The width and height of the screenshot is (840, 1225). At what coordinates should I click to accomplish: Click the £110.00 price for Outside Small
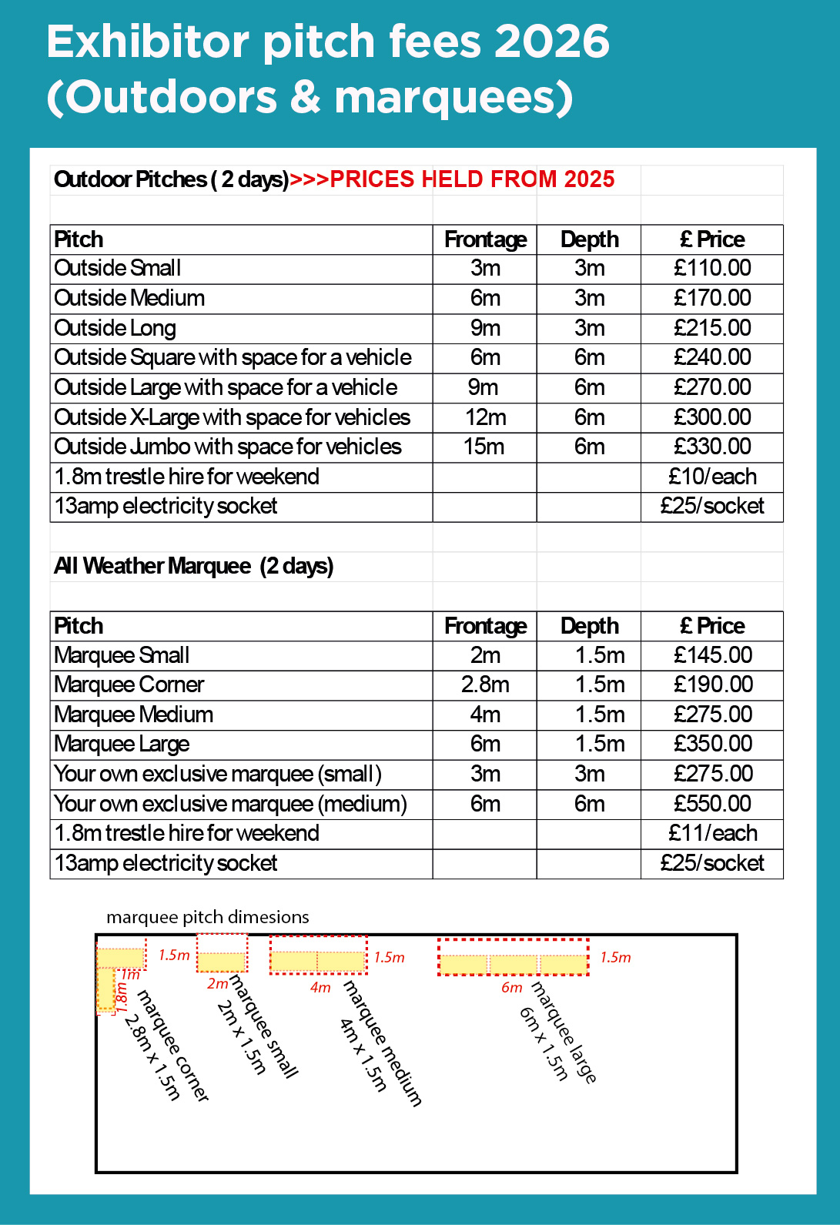coord(712,268)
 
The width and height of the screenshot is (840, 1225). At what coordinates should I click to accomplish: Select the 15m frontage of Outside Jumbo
coord(484,447)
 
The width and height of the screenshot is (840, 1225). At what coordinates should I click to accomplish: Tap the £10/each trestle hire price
coord(712,477)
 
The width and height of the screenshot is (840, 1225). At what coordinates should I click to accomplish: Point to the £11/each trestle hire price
coord(712,833)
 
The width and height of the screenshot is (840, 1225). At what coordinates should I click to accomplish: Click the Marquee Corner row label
coord(129,684)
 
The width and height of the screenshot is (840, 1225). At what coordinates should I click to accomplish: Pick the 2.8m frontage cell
coord(485,684)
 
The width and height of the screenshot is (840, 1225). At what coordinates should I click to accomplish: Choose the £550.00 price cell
coord(712,804)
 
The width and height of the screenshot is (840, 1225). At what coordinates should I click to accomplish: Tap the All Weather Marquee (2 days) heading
coord(194,566)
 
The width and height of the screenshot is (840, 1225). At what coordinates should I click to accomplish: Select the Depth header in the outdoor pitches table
coord(589,239)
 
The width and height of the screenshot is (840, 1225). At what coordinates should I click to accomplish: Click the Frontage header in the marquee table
coord(485,626)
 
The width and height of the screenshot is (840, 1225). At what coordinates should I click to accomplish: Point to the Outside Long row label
coord(115,328)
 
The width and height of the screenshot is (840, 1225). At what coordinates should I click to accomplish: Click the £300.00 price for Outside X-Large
coord(712,417)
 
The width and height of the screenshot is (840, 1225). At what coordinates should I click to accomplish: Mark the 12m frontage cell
coord(485,417)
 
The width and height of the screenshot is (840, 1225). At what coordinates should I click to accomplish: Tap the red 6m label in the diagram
coord(511,988)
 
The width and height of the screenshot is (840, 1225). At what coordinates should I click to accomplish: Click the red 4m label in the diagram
coord(320,988)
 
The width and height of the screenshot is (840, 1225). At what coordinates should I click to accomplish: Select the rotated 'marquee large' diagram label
coord(564,1032)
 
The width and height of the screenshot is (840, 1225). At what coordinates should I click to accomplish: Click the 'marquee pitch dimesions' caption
coord(208,917)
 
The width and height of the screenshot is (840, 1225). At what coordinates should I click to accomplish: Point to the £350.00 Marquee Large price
coord(712,744)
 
